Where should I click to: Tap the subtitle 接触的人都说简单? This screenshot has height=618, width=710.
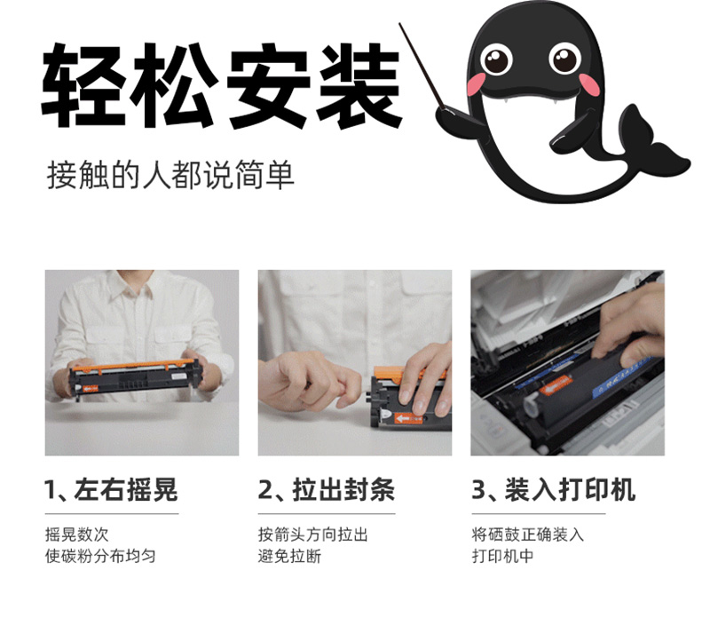pyautogui.click(x=170, y=175)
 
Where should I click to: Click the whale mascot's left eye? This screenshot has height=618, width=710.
pyautogui.click(x=496, y=59)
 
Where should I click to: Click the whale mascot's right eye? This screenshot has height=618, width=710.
pyautogui.click(x=564, y=58)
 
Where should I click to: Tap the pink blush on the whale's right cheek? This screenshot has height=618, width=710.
pyautogui.click(x=588, y=84)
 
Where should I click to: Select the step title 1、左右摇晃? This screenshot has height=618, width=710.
pyautogui.click(x=111, y=490)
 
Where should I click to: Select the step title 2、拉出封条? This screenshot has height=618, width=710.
pyautogui.click(x=326, y=490)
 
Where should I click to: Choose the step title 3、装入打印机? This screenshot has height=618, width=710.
pyautogui.click(x=553, y=490)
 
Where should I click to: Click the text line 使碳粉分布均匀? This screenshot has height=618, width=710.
pyautogui.click(x=100, y=556)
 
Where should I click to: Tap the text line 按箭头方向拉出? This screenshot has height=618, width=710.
pyautogui.click(x=312, y=535)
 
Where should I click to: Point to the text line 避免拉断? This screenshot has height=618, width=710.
pyautogui.click(x=290, y=556)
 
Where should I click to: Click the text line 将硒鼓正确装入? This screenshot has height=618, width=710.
pyautogui.click(x=527, y=535)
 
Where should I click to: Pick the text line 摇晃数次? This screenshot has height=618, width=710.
pyautogui.click(x=76, y=535)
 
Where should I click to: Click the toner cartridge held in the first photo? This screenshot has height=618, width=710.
pyautogui.click(x=135, y=378)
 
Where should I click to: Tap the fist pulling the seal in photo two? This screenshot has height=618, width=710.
pyautogui.click(x=308, y=380)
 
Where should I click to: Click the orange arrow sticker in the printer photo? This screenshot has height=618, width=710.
pyautogui.click(x=556, y=385)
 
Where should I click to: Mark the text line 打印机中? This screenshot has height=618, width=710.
pyautogui.click(x=502, y=556)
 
